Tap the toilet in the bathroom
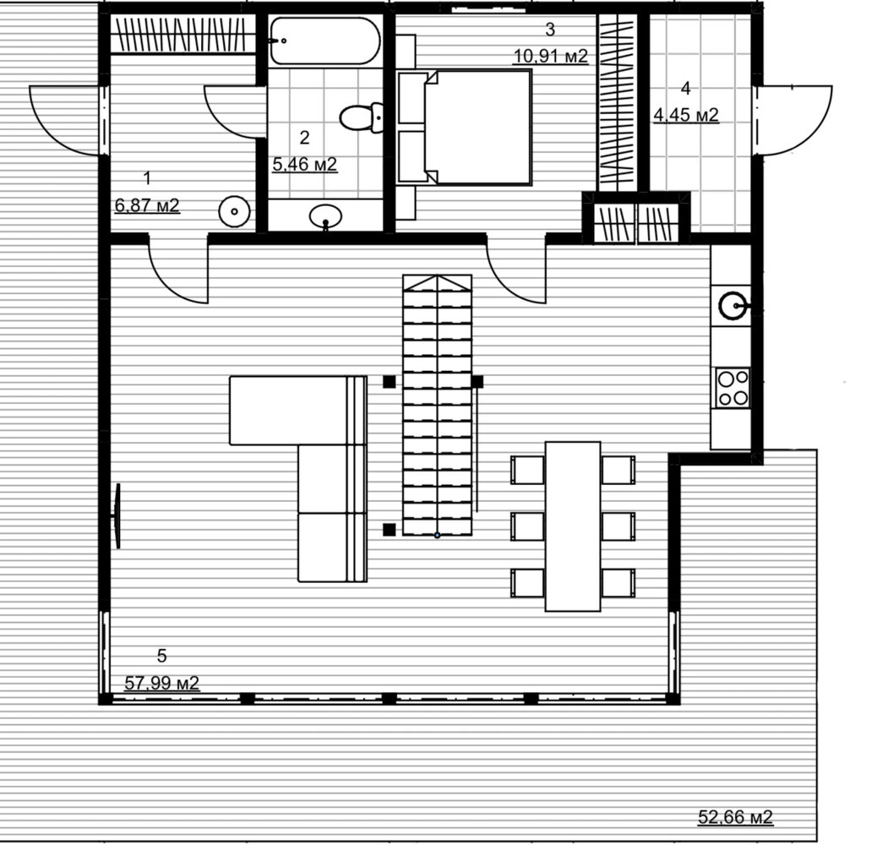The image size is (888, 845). coord(362,117)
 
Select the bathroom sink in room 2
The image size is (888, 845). coord(325,215)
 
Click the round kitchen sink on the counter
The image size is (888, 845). coord(734,307)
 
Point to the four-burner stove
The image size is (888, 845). coord(733,387)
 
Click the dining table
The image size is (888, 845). coord(573,526)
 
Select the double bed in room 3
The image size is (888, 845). coord(465,127)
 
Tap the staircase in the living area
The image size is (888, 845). coord(437,405)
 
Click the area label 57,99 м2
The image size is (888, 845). coord(162,683)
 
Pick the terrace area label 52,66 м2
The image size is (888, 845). coord(735,817)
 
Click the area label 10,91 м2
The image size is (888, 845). coord(551,56)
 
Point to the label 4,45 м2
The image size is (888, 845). coord(686,115)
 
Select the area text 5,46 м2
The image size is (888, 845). coord(305,164)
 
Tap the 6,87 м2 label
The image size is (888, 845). coord(147,205)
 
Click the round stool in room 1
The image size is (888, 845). coord(234,212)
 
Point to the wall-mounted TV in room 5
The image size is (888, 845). coord(117,515)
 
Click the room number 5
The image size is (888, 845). coord(162,656)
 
